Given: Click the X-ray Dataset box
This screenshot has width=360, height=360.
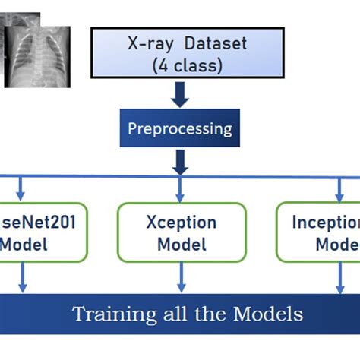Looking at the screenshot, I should click(x=180, y=54).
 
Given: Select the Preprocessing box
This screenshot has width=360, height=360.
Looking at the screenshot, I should click(x=180, y=128).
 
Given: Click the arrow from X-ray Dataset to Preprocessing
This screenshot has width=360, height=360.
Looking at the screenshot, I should click(x=180, y=94).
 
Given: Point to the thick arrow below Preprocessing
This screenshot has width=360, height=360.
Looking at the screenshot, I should click(x=180, y=160).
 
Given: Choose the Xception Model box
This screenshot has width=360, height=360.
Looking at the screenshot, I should click(x=181, y=232).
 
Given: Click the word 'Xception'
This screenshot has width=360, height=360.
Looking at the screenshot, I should click(x=181, y=223).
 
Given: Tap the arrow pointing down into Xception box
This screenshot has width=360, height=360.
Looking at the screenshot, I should click(x=180, y=191).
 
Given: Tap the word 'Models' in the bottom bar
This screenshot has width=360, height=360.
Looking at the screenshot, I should click(x=267, y=314).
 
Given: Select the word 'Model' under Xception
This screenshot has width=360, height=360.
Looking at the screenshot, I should click(x=181, y=244).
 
